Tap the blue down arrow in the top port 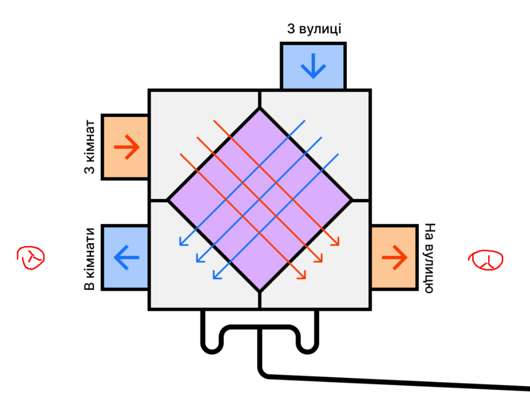[313, 67]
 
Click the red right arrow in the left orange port [126, 147]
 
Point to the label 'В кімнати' [90, 259]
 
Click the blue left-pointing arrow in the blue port [126, 257]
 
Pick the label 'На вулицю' [429, 257]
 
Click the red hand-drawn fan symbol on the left [31, 257]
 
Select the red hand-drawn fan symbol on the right [485, 260]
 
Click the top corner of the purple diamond [260, 109]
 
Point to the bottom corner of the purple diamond [260, 291]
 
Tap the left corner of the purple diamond [168, 200]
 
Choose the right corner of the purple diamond [351, 200]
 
